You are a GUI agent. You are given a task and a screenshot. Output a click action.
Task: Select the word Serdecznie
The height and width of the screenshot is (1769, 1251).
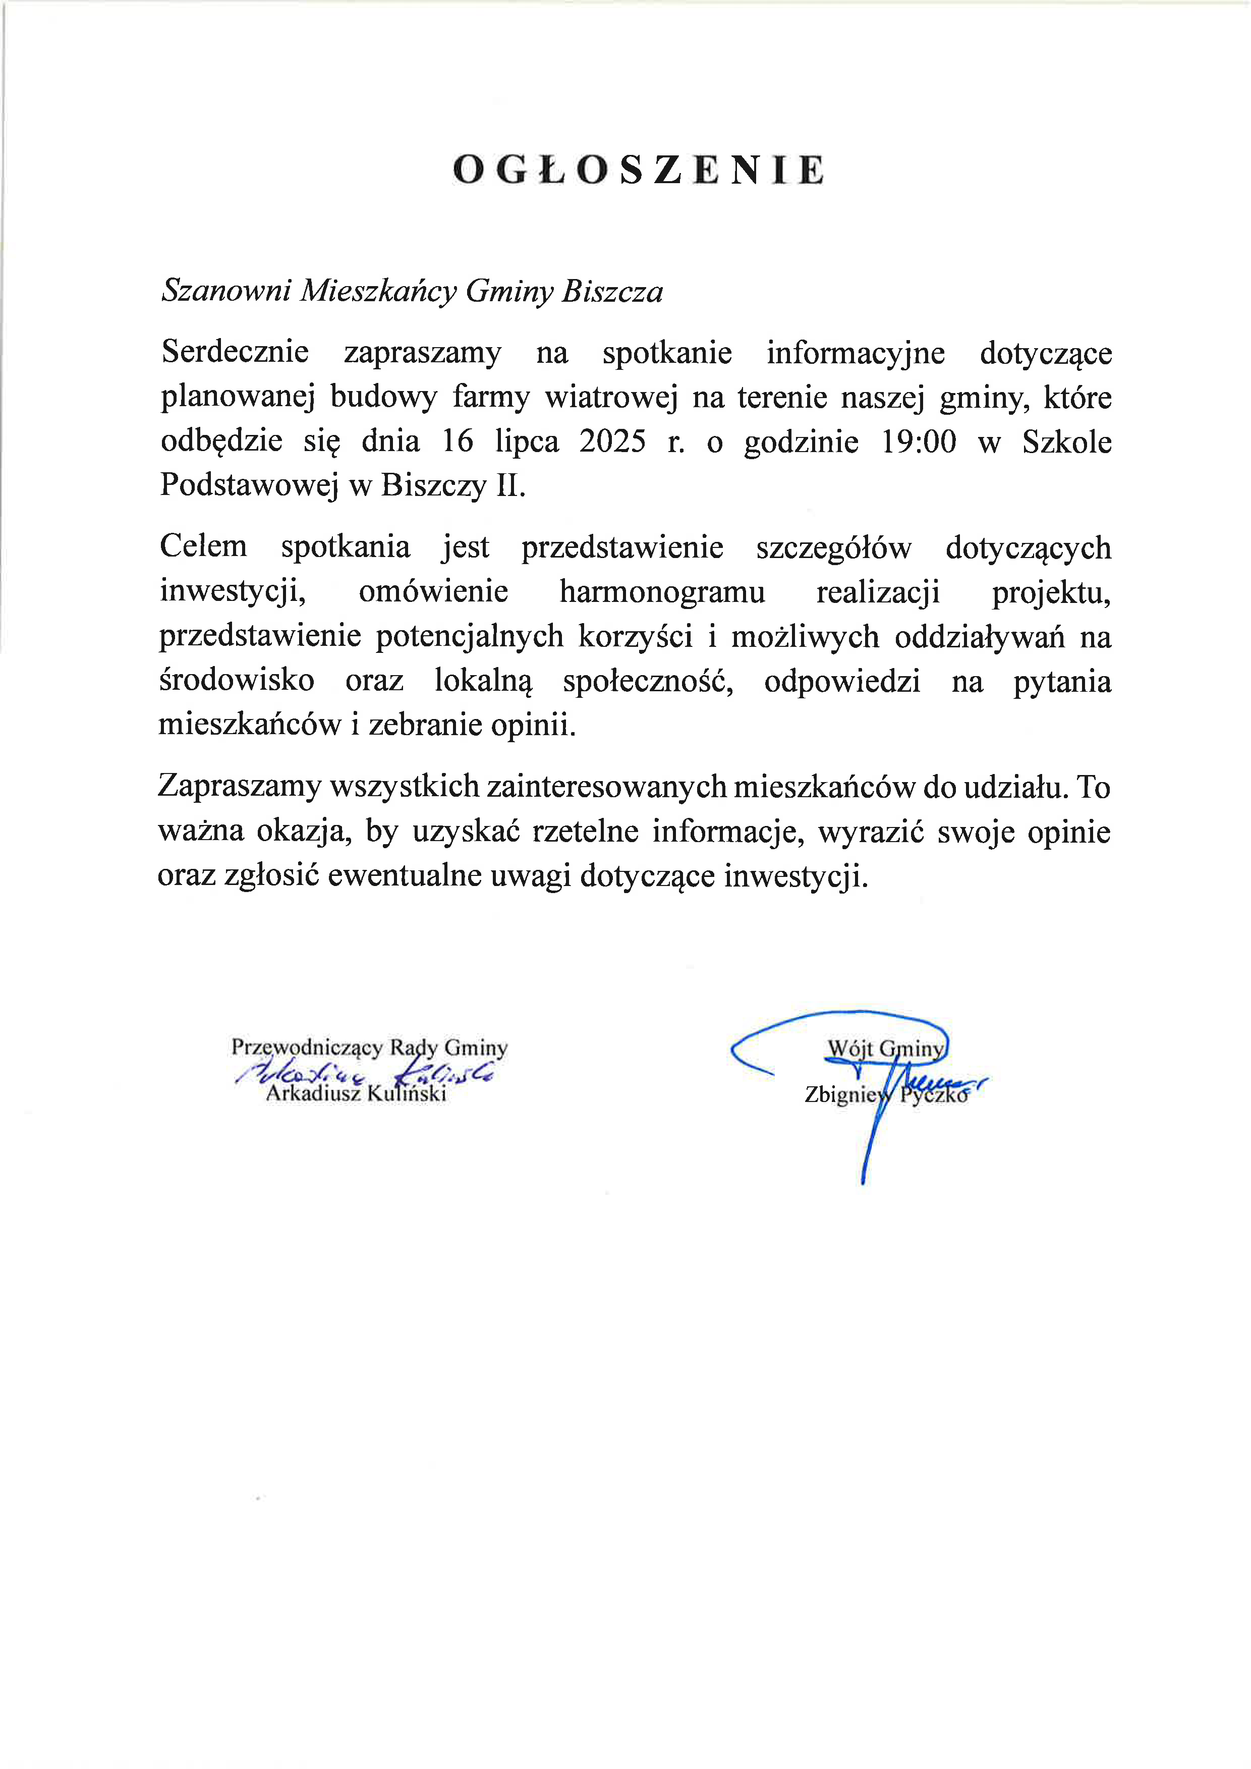point(235,352)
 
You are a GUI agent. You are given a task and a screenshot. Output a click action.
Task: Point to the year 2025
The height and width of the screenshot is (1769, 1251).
point(612,441)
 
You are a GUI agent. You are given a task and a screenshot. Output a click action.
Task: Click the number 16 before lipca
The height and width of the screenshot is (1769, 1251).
point(458,441)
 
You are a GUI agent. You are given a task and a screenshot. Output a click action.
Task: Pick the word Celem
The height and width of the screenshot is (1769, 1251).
point(203,546)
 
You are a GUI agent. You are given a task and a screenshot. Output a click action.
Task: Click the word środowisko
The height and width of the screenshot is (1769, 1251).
point(237,680)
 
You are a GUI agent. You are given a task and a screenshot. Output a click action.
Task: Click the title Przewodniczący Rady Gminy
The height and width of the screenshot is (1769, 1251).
point(369,1048)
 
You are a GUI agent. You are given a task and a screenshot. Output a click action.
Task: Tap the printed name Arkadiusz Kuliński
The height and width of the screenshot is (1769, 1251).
point(356,1093)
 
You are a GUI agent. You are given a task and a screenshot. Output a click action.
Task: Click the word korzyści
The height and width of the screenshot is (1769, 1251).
point(636,636)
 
